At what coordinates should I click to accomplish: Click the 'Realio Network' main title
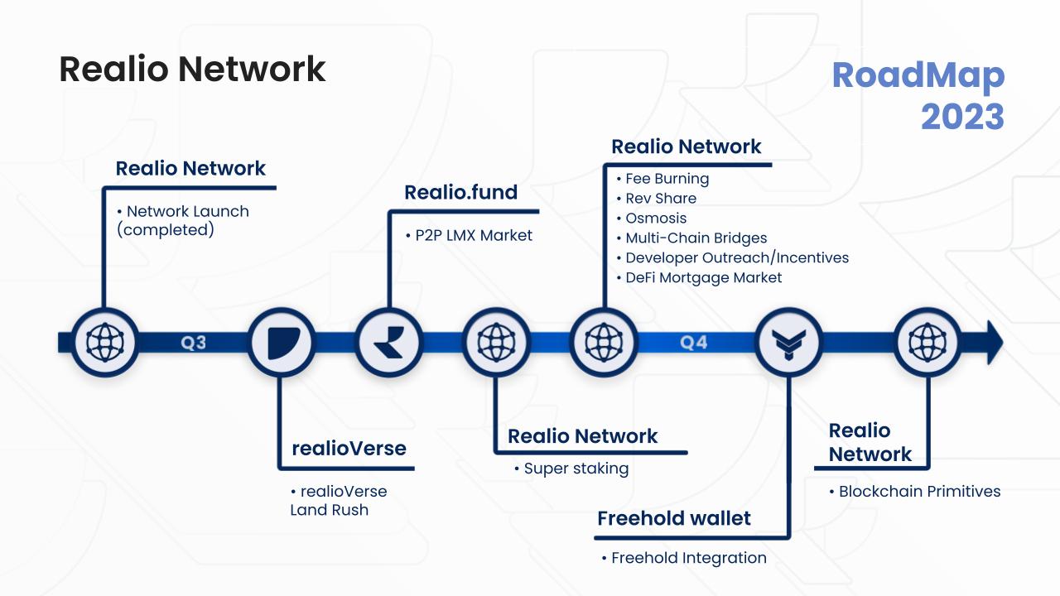point(192,69)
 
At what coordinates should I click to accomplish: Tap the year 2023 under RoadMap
point(962,117)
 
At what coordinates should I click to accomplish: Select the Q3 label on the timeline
point(194,342)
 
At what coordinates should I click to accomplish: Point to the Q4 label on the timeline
point(694,342)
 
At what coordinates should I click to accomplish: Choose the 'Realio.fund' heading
point(460,193)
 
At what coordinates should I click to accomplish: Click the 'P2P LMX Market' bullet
point(469,236)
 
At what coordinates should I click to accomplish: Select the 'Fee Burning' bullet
point(667,179)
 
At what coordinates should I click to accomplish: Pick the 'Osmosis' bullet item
point(656,219)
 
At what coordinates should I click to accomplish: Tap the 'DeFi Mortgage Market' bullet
point(703,278)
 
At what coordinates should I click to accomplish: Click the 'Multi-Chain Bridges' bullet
point(696,238)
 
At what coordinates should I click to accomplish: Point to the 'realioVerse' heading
point(349,449)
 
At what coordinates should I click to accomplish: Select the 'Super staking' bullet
point(576,469)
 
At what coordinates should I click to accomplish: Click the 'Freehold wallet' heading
point(673,519)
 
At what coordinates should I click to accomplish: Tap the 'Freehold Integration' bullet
point(688,558)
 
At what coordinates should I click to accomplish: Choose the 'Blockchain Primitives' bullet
point(919,492)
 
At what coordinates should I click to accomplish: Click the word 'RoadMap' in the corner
point(918,75)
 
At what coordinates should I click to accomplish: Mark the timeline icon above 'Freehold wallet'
point(788,342)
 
